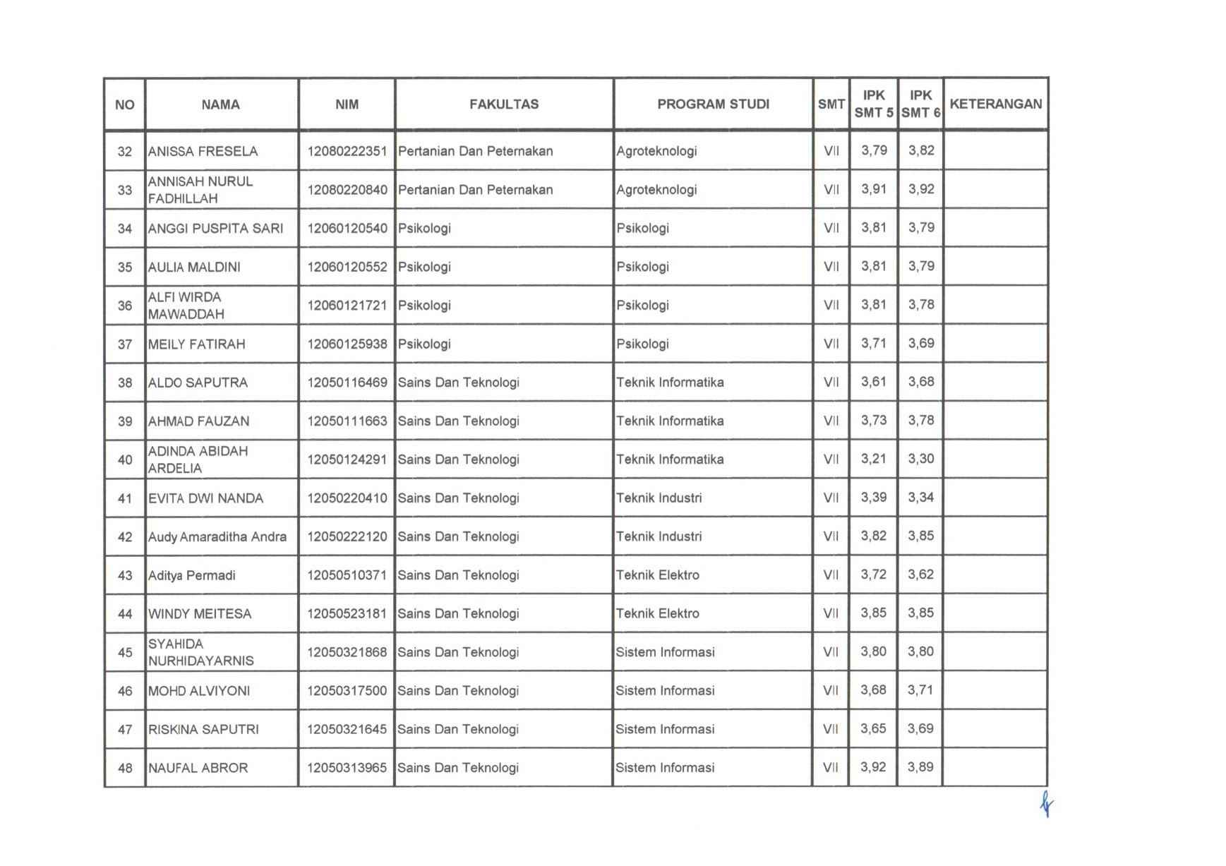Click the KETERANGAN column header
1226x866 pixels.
(x=995, y=104)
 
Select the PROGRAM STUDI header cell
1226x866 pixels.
(x=713, y=104)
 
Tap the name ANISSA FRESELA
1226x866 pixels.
(x=203, y=151)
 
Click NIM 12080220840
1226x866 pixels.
(x=347, y=190)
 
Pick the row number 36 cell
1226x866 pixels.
(x=125, y=306)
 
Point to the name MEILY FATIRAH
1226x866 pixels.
(x=196, y=344)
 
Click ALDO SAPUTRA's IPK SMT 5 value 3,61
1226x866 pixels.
(x=874, y=382)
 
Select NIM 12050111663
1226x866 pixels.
(x=347, y=421)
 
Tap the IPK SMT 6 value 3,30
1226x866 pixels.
(x=921, y=459)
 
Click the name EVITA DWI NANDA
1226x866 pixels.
(x=205, y=498)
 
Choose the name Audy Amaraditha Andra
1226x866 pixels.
(x=217, y=537)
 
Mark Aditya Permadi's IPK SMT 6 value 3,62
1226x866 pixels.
(x=921, y=575)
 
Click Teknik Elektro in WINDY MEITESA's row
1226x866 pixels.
(x=657, y=614)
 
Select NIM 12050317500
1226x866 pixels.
(x=347, y=691)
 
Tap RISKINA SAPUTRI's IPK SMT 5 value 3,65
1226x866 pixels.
(x=873, y=728)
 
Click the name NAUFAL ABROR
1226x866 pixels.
(x=198, y=768)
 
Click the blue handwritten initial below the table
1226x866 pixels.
(x=1046, y=804)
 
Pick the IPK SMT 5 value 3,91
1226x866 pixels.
(x=874, y=189)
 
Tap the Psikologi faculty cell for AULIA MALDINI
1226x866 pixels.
(x=424, y=267)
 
